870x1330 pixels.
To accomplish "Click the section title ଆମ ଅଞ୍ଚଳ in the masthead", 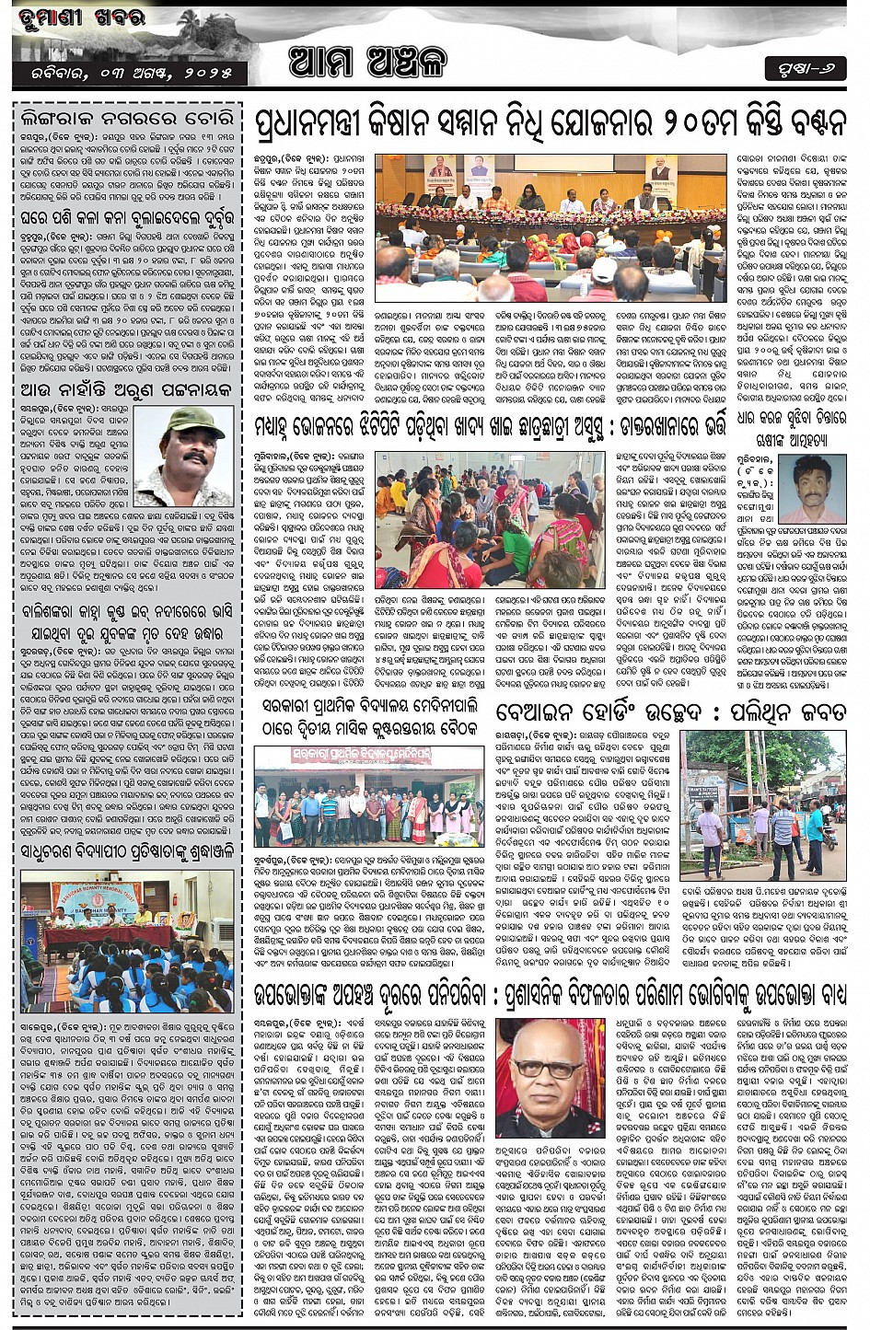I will pyautogui.click(x=367, y=62).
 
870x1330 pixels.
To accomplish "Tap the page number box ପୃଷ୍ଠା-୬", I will pyautogui.click(x=804, y=68).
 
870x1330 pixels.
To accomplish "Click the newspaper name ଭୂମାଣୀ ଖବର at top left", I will pyautogui.click(x=78, y=19).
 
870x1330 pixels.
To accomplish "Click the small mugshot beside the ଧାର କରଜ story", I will pyautogui.click(x=812, y=490).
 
